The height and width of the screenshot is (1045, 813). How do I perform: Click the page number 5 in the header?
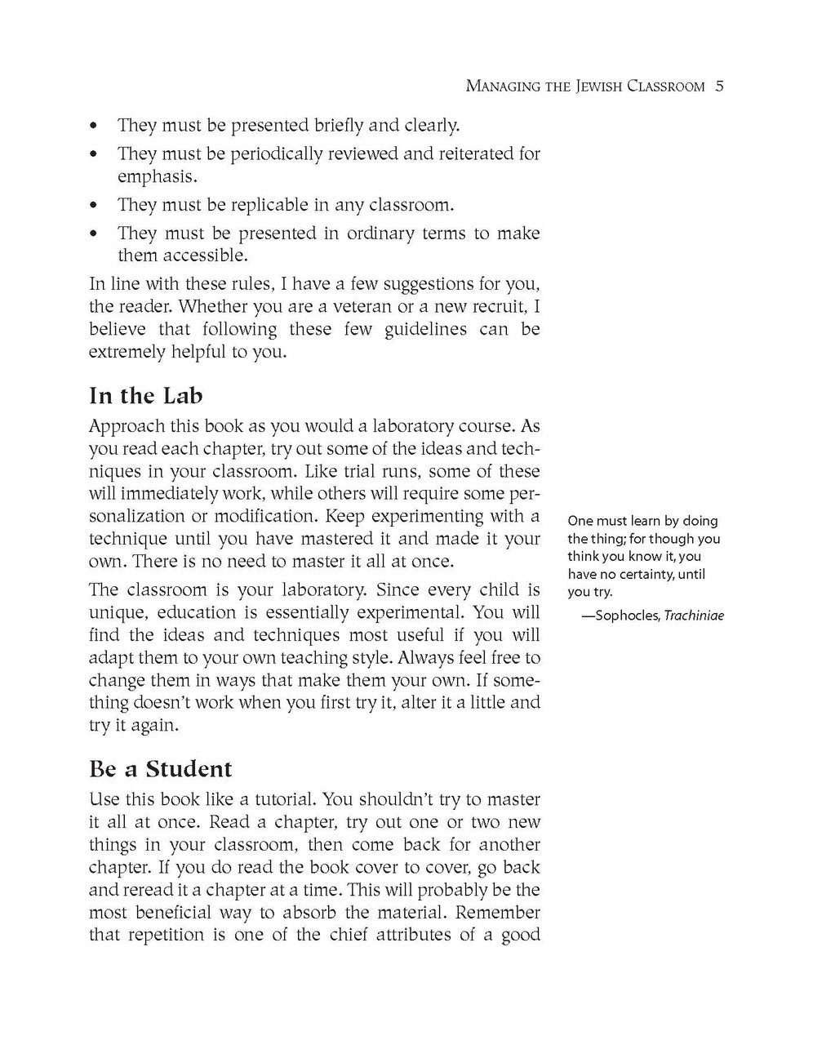pos(719,86)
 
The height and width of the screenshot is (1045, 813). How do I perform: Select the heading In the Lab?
pos(145,396)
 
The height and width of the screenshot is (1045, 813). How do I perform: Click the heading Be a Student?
pos(160,769)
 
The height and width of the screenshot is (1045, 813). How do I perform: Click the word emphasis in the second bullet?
pos(155,176)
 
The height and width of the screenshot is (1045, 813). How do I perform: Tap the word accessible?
pos(207,256)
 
